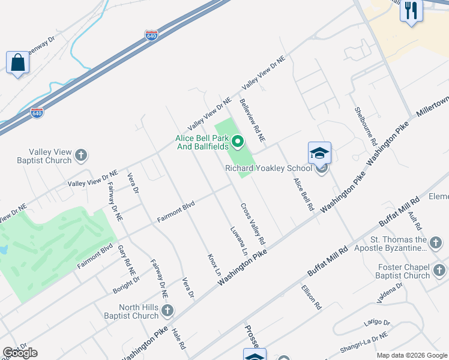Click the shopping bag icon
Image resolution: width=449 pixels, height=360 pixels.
[18, 62]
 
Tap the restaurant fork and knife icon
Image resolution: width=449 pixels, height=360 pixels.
[411, 10]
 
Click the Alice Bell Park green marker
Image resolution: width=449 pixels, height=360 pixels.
[238, 142]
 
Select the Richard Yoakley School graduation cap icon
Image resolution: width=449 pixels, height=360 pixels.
[319, 154]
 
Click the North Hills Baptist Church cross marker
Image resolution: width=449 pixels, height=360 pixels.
[167, 311]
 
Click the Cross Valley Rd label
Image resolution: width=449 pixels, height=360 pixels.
[253, 223]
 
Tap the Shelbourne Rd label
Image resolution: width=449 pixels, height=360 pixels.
[365, 127]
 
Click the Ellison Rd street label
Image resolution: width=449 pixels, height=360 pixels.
[311, 297]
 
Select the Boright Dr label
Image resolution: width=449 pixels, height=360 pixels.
[126, 284]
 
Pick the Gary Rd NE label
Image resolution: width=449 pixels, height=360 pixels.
[125, 257]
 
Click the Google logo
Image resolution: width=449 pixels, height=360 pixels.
[20, 353]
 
